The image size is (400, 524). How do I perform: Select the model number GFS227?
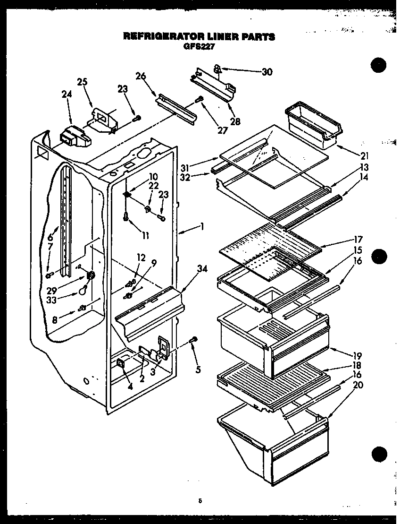tap(199, 46)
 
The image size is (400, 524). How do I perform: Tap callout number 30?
tap(267, 72)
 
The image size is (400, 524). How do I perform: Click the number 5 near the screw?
tap(199, 370)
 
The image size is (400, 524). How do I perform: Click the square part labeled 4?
tap(120, 363)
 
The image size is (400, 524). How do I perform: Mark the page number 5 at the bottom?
tap(200, 501)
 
